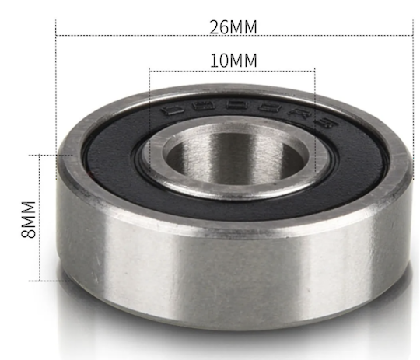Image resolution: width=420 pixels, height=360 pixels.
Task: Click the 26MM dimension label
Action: tap(233, 26)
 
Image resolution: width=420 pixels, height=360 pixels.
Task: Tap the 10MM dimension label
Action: tap(233, 60)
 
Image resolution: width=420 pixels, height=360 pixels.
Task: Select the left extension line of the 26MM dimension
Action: tap(57, 93)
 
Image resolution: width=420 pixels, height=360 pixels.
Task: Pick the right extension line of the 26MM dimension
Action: tap(411, 93)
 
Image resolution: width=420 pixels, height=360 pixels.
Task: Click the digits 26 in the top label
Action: tap(220, 26)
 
